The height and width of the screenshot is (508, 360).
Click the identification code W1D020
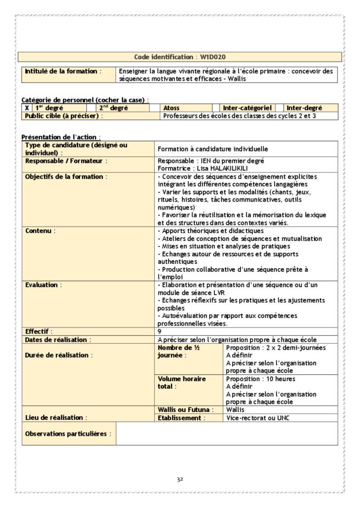(x=212, y=57)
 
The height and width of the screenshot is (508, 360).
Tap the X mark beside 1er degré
(x=27, y=108)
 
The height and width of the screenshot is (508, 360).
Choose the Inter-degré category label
(x=304, y=108)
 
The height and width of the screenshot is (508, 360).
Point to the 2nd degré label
(x=114, y=108)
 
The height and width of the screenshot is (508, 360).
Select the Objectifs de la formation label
(x=65, y=177)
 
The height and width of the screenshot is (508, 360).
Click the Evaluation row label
(x=41, y=285)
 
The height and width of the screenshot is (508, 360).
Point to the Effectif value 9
(x=159, y=331)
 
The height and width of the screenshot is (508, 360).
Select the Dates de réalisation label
(x=56, y=340)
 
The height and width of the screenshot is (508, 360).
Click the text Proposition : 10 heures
(x=260, y=379)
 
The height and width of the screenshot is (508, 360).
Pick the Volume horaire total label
(x=181, y=383)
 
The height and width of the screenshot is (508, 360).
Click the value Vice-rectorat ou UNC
(x=258, y=418)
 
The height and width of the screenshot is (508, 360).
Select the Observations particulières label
(x=66, y=434)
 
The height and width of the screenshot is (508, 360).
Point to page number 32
(x=180, y=480)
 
